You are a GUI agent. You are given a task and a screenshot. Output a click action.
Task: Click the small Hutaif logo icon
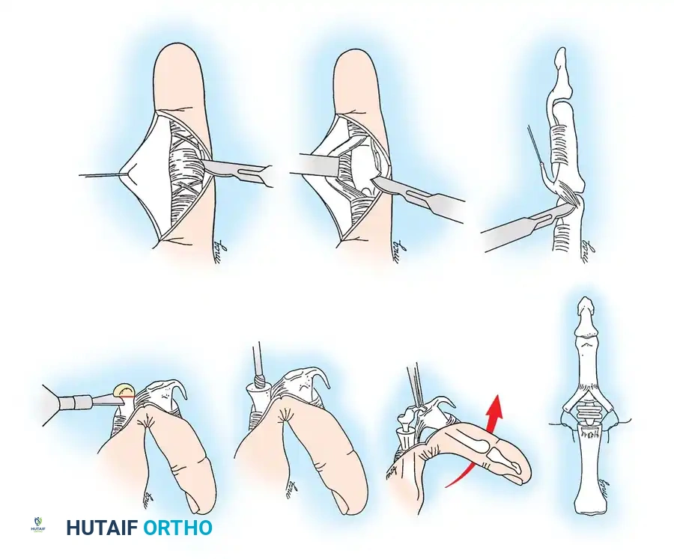39,525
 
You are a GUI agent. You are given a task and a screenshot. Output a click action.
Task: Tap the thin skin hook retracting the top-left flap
105,176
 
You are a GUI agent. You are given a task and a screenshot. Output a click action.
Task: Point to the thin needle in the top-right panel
534,146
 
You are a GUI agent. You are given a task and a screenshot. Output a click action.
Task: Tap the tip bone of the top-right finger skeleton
560,60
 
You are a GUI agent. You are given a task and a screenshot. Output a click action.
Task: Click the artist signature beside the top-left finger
219,246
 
